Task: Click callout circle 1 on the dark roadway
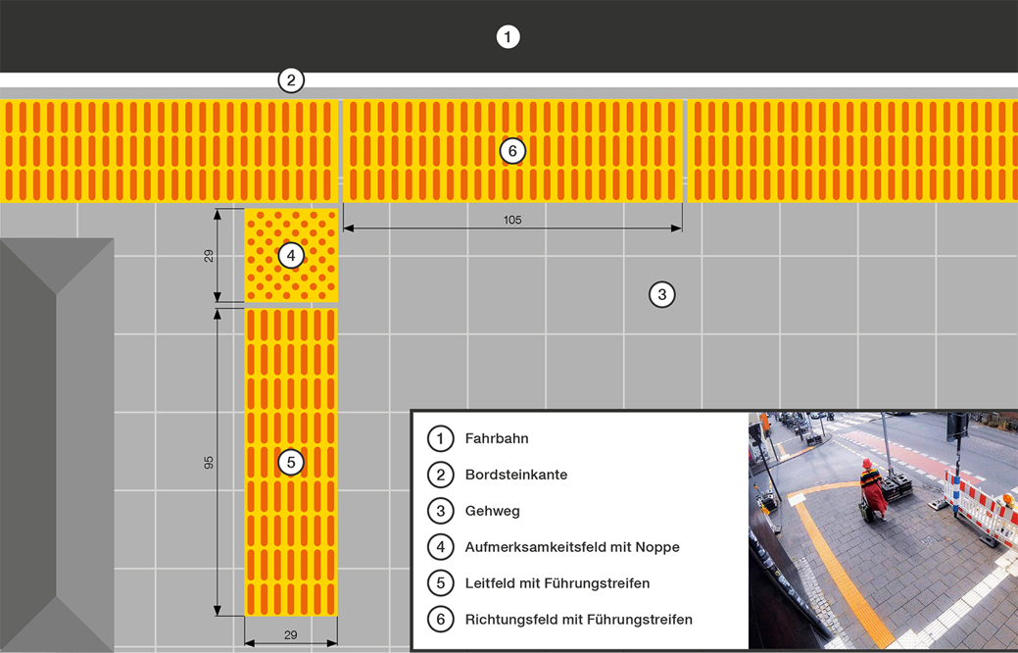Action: [x=508, y=37]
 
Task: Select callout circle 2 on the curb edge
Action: [x=290, y=79]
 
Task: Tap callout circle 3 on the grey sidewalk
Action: [x=661, y=294]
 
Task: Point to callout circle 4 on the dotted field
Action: [x=290, y=256]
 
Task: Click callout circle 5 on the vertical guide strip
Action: [x=290, y=462]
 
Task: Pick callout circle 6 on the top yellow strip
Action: [x=511, y=151]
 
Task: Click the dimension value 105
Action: [x=512, y=220]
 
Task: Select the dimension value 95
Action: [x=209, y=462]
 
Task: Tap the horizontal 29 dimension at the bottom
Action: [x=290, y=635]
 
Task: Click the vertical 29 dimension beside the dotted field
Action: [x=209, y=256]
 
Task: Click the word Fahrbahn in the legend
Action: [x=497, y=439]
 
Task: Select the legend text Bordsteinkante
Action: [x=516, y=475]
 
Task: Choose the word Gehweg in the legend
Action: [x=493, y=511]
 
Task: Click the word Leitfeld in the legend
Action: [x=492, y=583]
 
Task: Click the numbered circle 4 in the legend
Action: [x=441, y=547]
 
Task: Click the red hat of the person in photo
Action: [x=866, y=462]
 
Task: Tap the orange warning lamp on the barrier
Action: [x=1007, y=501]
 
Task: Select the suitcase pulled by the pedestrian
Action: [x=862, y=509]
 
